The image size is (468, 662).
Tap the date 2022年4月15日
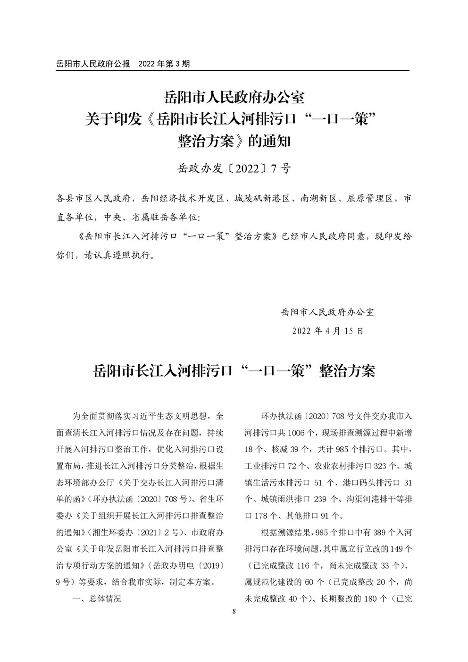click(328, 331)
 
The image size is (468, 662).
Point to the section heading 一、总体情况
click(97, 599)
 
